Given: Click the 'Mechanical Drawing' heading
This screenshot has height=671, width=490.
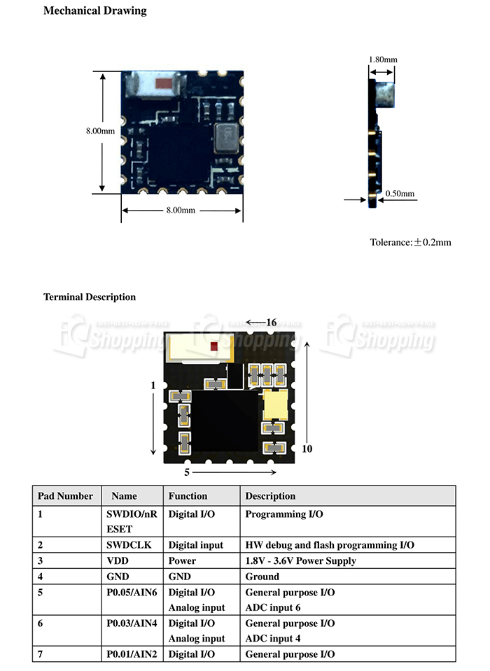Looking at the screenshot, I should coord(95,11).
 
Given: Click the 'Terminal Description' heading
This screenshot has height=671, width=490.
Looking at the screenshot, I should coord(90,297).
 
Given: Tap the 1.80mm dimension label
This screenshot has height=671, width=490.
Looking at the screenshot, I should coord(382,59).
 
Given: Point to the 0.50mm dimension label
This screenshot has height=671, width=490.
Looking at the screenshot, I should coord(400,194).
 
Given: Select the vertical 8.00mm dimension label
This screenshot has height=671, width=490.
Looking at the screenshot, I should coord(100,131).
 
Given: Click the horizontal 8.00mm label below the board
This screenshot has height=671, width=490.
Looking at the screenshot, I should coord(181,210).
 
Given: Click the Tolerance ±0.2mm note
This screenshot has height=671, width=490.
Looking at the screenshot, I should coord(410,242).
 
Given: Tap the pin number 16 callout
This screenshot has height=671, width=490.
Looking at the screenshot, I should coord(272,323).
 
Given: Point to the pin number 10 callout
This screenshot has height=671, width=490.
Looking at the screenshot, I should coord(307,448).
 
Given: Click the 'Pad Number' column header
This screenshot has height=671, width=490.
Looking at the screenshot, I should coord(65,496).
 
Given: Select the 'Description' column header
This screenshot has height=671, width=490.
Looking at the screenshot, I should coord(270,496).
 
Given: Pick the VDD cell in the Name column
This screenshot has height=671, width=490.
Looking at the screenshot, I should coord(117,560).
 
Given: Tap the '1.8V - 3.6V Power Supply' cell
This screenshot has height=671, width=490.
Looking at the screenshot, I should coord(300,560).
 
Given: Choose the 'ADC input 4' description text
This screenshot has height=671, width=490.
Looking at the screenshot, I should coord(273,638).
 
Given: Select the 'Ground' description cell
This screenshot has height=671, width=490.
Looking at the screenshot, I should coord(262,577).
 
